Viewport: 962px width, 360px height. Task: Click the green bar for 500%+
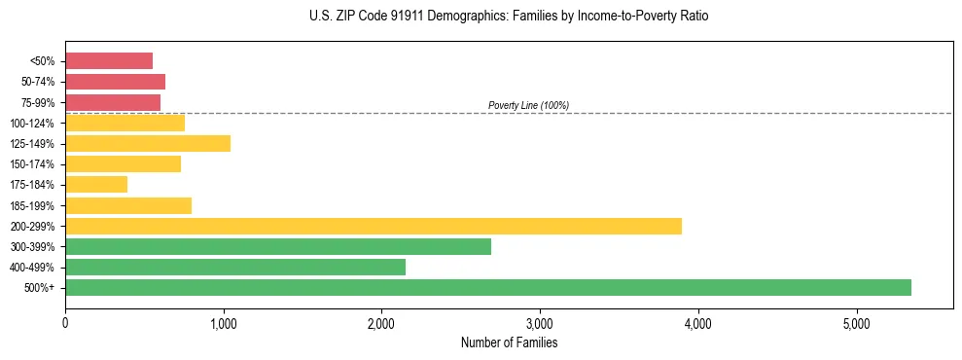pos(487,287)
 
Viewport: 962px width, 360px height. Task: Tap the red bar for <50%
pos(109,60)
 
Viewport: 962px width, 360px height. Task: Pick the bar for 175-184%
pos(96,184)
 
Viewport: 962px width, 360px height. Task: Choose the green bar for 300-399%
pos(277,246)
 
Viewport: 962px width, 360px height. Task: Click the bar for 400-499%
pos(234,267)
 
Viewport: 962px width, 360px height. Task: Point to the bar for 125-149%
pos(148,143)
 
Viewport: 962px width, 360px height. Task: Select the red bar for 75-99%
pos(113,102)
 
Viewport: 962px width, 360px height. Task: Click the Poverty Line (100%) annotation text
pos(528,105)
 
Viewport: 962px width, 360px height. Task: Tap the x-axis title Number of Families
pos(509,343)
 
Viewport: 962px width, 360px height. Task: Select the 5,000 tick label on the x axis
pos(856,323)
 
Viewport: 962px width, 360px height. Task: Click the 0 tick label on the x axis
pos(65,323)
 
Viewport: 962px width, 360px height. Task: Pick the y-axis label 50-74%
pos(38,82)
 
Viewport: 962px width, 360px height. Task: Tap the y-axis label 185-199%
pos(33,205)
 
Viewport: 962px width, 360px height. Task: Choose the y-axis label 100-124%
pos(33,123)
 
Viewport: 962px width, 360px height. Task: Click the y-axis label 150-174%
pos(33,164)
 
